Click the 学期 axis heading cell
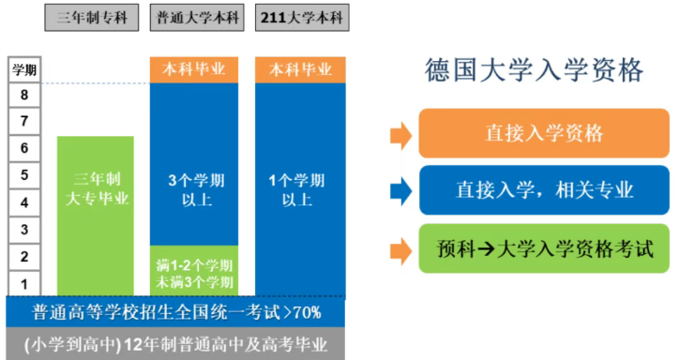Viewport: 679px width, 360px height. (23, 70)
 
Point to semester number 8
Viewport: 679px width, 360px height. (23, 95)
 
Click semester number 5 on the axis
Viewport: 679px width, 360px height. (23, 174)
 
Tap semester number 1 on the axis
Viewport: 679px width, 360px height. (23, 283)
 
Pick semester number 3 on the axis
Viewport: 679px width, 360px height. (23, 229)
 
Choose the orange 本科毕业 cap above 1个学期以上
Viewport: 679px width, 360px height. (300, 70)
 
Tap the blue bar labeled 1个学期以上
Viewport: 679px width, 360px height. (300, 187)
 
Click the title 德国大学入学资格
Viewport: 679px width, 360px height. (536, 70)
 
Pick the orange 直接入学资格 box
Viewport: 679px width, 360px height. (544, 133)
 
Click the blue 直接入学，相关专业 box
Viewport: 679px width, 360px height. (544, 190)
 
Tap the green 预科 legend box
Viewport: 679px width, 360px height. (544, 249)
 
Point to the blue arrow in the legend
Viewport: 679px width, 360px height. (400, 190)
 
